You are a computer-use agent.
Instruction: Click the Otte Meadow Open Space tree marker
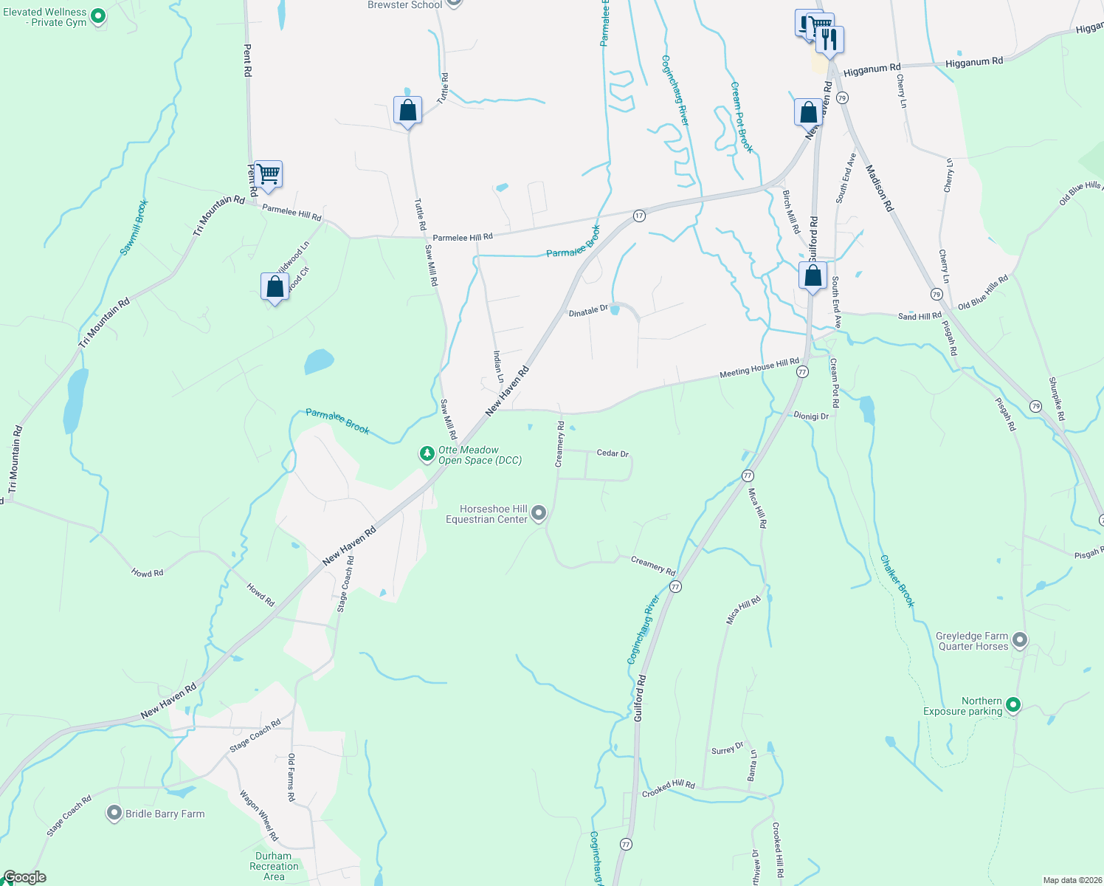click(427, 453)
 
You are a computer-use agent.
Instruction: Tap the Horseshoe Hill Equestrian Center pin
click(539, 512)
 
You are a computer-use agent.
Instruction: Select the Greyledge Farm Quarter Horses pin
click(1019, 639)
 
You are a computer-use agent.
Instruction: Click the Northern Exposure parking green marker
click(1013, 705)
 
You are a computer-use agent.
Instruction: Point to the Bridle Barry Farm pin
click(114, 813)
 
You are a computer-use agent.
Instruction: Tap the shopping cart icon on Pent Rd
click(268, 175)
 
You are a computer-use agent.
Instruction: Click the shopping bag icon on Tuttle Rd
click(407, 111)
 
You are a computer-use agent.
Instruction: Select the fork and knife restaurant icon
click(830, 40)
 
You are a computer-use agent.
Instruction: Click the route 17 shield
click(639, 216)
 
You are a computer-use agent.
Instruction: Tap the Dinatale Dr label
click(588, 312)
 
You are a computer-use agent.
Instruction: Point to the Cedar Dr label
click(613, 453)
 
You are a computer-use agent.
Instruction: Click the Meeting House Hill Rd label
click(759, 368)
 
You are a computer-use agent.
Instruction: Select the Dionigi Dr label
click(811, 416)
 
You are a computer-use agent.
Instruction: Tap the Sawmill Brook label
click(134, 227)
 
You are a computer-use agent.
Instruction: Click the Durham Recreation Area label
click(274, 866)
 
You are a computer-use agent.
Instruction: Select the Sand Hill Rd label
click(920, 316)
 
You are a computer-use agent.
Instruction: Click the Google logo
click(24, 877)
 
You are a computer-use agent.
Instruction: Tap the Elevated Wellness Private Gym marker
click(97, 16)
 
